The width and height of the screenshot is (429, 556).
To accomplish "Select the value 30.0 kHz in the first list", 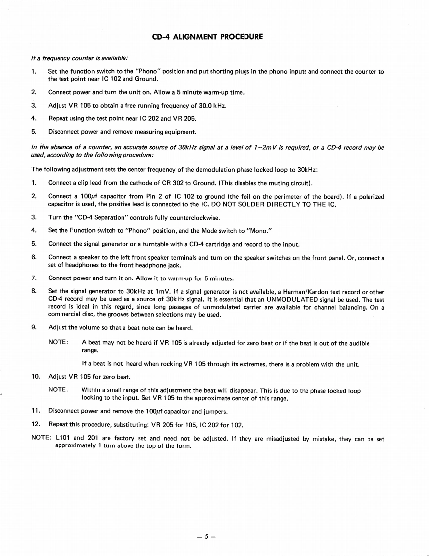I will tap(213, 106).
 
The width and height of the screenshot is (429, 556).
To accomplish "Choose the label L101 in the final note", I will tap(62, 439).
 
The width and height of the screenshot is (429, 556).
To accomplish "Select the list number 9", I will tap(34, 328).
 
